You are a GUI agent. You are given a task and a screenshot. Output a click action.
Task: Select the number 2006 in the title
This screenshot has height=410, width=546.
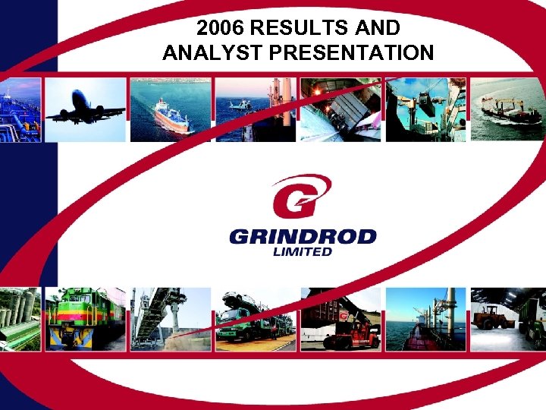(220, 28)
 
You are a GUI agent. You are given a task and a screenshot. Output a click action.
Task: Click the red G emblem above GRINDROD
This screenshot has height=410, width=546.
(301, 196)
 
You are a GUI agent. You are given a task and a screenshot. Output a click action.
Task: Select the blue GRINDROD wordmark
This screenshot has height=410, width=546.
(303, 236)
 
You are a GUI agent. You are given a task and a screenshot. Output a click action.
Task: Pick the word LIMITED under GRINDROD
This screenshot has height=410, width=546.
(302, 251)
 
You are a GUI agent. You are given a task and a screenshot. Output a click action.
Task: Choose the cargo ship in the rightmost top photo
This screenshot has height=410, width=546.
(510, 112)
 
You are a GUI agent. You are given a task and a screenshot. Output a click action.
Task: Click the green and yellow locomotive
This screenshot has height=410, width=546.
(83, 319)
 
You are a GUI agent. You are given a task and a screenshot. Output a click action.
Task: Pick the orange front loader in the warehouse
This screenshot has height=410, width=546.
(492, 314)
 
